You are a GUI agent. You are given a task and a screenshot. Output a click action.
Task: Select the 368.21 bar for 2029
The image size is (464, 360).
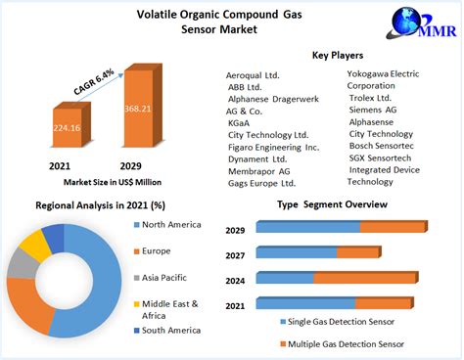[x=137, y=112]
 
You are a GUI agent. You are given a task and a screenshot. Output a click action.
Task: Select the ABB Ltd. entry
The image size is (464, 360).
[x=248, y=87]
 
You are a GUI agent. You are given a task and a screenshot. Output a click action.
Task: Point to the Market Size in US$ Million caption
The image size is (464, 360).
[x=100, y=181]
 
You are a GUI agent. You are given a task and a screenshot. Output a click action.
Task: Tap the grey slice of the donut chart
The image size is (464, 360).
[x=22, y=263]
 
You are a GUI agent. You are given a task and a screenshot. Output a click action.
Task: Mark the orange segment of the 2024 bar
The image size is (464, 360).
[x=364, y=277]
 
